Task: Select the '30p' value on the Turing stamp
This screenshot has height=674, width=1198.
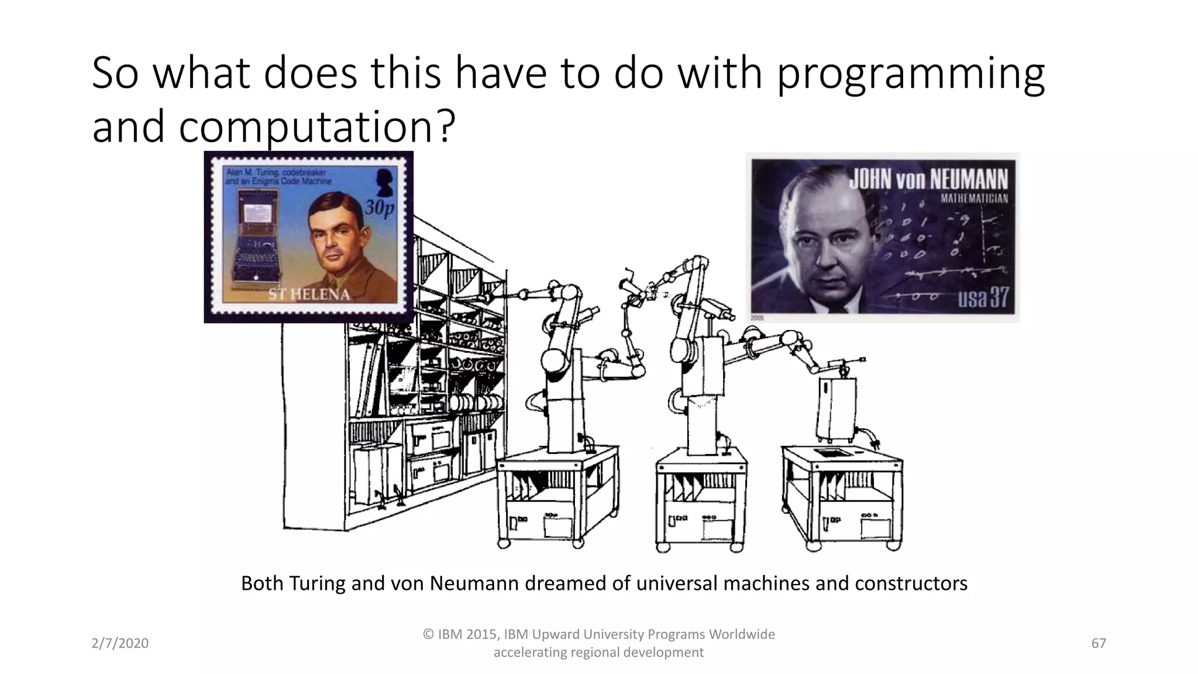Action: coord(380,208)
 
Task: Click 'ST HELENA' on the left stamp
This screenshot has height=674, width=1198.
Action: coord(309,294)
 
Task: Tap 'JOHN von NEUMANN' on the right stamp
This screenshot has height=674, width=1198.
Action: coord(928,179)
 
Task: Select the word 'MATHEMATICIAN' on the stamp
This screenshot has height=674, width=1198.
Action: coord(974,198)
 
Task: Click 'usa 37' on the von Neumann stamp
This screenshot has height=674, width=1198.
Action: coord(982,297)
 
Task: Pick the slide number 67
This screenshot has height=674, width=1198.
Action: coord(1099,644)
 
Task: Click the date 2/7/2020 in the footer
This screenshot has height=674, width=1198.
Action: coord(120,644)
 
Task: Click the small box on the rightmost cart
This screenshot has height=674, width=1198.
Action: coord(836,408)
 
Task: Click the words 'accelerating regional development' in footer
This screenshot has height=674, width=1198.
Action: coord(598,652)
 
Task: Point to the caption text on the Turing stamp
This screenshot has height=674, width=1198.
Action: coord(278,177)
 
